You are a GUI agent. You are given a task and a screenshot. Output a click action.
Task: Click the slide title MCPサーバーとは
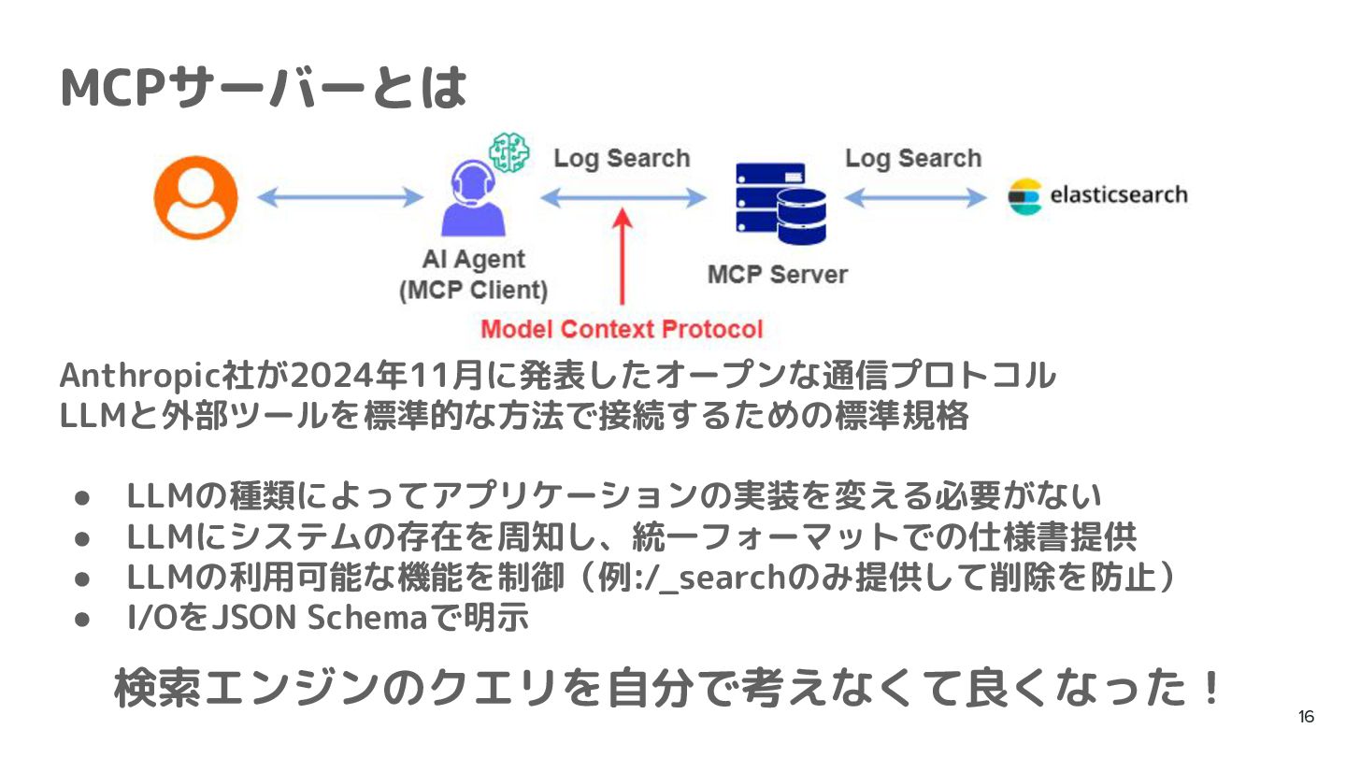point(263,89)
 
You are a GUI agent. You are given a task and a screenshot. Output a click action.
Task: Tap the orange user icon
point(195,197)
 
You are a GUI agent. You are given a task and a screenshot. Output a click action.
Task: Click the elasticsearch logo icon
point(1024,196)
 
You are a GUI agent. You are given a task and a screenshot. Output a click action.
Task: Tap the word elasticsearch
point(1118,195)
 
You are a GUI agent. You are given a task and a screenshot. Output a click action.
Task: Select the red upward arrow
point(623,257)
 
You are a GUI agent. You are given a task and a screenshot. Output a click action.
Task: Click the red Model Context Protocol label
point(622,329)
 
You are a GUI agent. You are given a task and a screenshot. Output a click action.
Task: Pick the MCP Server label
point(777,275)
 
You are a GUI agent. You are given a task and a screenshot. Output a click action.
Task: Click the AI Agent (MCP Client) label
point(473,275)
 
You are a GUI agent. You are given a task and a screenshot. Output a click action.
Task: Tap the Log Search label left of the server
point(622,158)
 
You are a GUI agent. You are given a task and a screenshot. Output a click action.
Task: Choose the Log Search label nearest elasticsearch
point(913,158)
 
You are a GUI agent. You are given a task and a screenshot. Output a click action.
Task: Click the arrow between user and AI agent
point(339,197)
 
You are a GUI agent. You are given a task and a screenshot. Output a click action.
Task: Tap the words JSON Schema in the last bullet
point(314,618)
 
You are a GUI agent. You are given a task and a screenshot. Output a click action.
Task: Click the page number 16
point(1306,718)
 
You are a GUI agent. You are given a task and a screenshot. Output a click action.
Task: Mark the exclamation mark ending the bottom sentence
point(1210,690)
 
